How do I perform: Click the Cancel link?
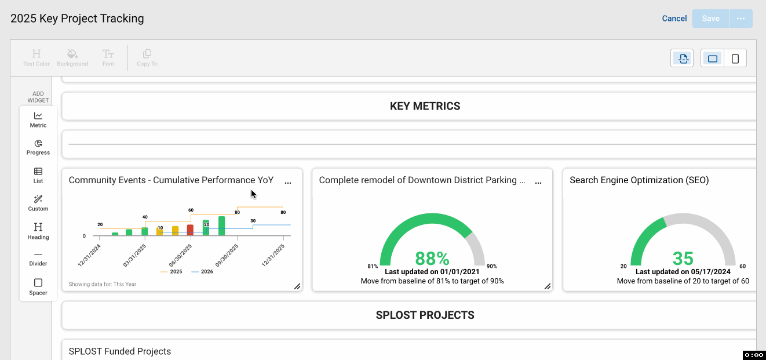point(674,19)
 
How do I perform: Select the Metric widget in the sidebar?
point(38,120)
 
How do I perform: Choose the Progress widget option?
point(38,147)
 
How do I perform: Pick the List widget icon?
point(38,175)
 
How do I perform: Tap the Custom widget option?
point(38,203)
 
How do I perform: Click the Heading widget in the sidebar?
point(38,231)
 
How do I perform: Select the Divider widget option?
point(38,259)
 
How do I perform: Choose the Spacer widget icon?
point(38,287)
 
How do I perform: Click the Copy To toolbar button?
point(147,58)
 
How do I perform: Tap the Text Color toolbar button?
point(37,58)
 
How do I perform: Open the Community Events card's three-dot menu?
point(288,183)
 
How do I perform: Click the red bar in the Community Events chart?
point(190,230)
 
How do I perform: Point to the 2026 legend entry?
point(202,272)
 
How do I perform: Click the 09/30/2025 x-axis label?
point(227,255)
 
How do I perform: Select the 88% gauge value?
point(432,259)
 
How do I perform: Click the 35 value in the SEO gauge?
point(683,259)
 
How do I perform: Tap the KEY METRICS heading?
point(425,106)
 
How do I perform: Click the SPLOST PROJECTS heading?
point(425,315)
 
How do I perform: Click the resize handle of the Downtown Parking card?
point(548,286)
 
